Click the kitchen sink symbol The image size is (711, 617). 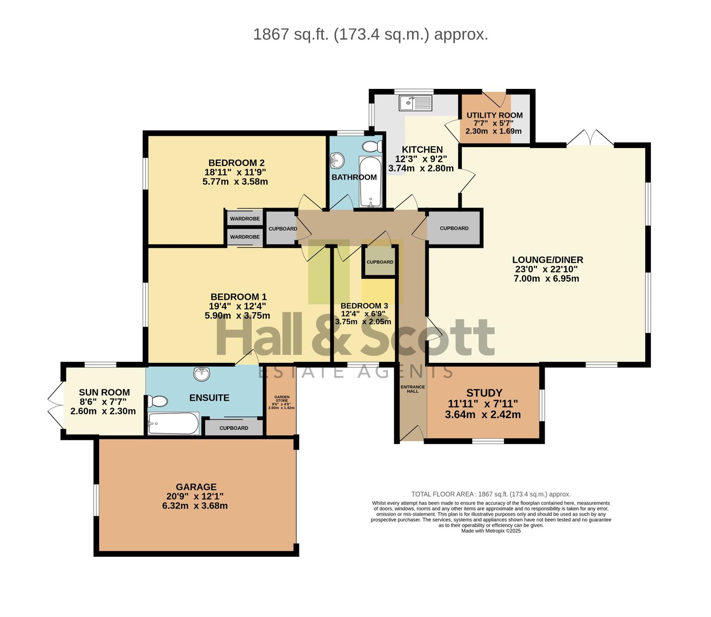(415, 103)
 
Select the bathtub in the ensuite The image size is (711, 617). (174, 423)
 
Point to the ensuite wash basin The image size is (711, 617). (201, 373)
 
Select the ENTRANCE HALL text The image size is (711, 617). (413, 389)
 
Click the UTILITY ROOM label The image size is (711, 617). (495, 115)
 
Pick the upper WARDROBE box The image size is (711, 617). (245, 218)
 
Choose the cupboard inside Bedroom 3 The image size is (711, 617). (380, 262)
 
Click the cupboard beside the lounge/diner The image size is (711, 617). (454, 228)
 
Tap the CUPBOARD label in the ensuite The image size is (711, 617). (234, 428)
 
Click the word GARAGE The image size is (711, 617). (196, 487)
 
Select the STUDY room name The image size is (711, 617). (484, 393)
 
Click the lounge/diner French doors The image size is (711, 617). (590, 137)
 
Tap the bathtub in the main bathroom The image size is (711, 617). (371, 181)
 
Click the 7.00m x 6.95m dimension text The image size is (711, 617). (547, 278)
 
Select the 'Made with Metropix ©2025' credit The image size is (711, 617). (491, 531)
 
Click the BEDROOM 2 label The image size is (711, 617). (236, 163)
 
